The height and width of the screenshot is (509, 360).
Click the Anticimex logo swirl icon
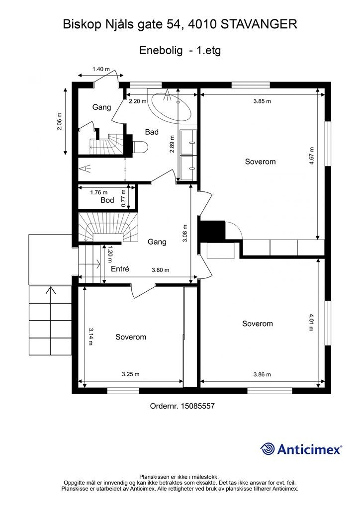(268, 449)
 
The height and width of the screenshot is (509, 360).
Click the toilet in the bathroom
(140, 147)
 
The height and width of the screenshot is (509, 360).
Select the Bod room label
(107, 200)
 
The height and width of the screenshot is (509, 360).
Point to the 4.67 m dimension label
(312, 156)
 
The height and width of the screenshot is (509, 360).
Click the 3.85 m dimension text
(262, 101)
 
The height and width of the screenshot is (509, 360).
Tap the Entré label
(120, 269)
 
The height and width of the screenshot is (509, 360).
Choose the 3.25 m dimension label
(130, 374)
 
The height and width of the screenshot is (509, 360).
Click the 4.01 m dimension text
(311, 322)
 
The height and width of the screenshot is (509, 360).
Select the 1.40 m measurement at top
(101, 69)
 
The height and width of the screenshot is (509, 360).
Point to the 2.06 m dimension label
(59, 121)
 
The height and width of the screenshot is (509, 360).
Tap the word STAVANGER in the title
(259, 24)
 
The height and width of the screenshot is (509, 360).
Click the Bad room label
(152, 132)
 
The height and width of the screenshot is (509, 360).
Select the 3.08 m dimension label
(184, 234)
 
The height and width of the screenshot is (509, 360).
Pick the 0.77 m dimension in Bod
(123, 198)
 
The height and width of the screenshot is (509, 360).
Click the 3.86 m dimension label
(262, 374)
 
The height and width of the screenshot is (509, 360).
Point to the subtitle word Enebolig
(161, 50)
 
